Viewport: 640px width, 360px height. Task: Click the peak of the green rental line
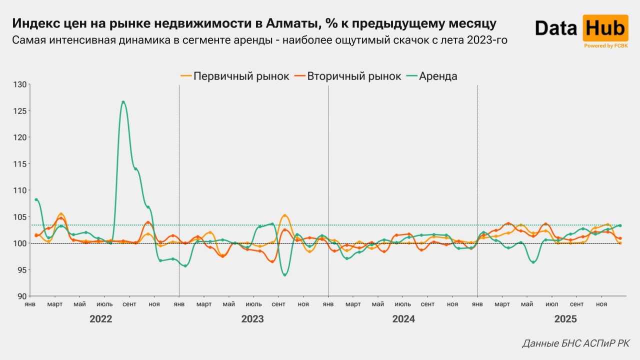(x=123, y=102)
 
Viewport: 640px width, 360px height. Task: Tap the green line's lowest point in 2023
(x=284, y=275)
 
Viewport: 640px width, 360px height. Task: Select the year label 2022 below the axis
(x=100, y=319)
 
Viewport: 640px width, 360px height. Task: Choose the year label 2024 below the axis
(x=403, y=319)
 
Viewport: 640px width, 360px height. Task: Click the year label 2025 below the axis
(x=565, y=319)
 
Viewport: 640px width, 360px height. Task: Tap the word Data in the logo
(x=555, y=28)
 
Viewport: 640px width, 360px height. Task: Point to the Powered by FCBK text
(x=605, y=45)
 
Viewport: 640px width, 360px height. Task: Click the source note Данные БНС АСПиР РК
(x=576, y=343)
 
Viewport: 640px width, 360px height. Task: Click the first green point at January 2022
(x=36, y=199)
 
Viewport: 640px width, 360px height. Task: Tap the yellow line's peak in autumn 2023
(x=284, y=215)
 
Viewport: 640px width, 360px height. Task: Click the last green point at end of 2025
(x=620, y=225)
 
